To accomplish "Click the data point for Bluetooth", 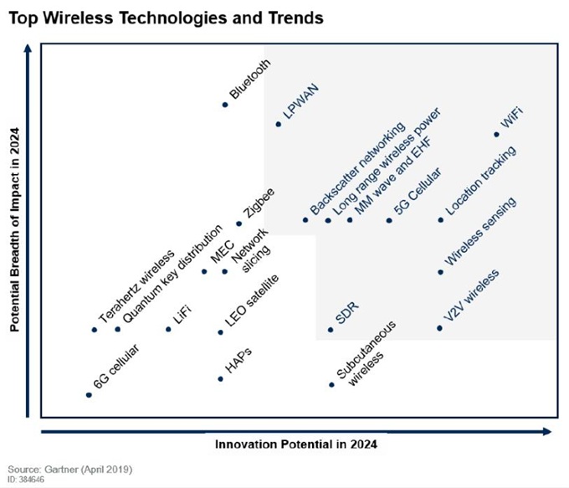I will click(x=225, y=105).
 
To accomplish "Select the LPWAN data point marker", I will click(x=279, y=125).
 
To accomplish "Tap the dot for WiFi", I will click(x=497, y=134).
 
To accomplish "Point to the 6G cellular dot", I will click(x=89, y=394).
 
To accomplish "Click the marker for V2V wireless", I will click(x=440, y=328).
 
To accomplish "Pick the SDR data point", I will click(x=331, y=329).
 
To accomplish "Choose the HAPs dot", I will click(x=221, y=378).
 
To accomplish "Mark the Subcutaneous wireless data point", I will click(x=331, y=385).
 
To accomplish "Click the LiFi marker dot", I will click(x=168, y=329).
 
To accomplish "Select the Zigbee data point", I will click(x=238, y=223).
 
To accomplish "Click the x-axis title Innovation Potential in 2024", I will click(x=295, y=444).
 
